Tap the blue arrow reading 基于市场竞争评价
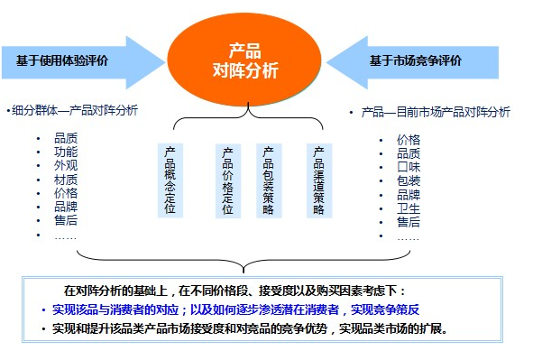click(415, 60)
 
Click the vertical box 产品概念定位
click(170, 180)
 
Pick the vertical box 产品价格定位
click(228, 180)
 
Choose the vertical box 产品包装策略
click(268, 180)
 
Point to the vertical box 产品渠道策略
click(318, 180)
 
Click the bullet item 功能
click(65, 152)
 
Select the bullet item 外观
click(65, 165)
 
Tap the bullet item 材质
click(65, 180)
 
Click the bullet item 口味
click(409, 166)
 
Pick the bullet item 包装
click(409, 180)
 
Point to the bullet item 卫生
click(409, 208)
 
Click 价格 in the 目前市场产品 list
click(409, 139)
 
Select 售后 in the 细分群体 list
click(65, 221)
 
